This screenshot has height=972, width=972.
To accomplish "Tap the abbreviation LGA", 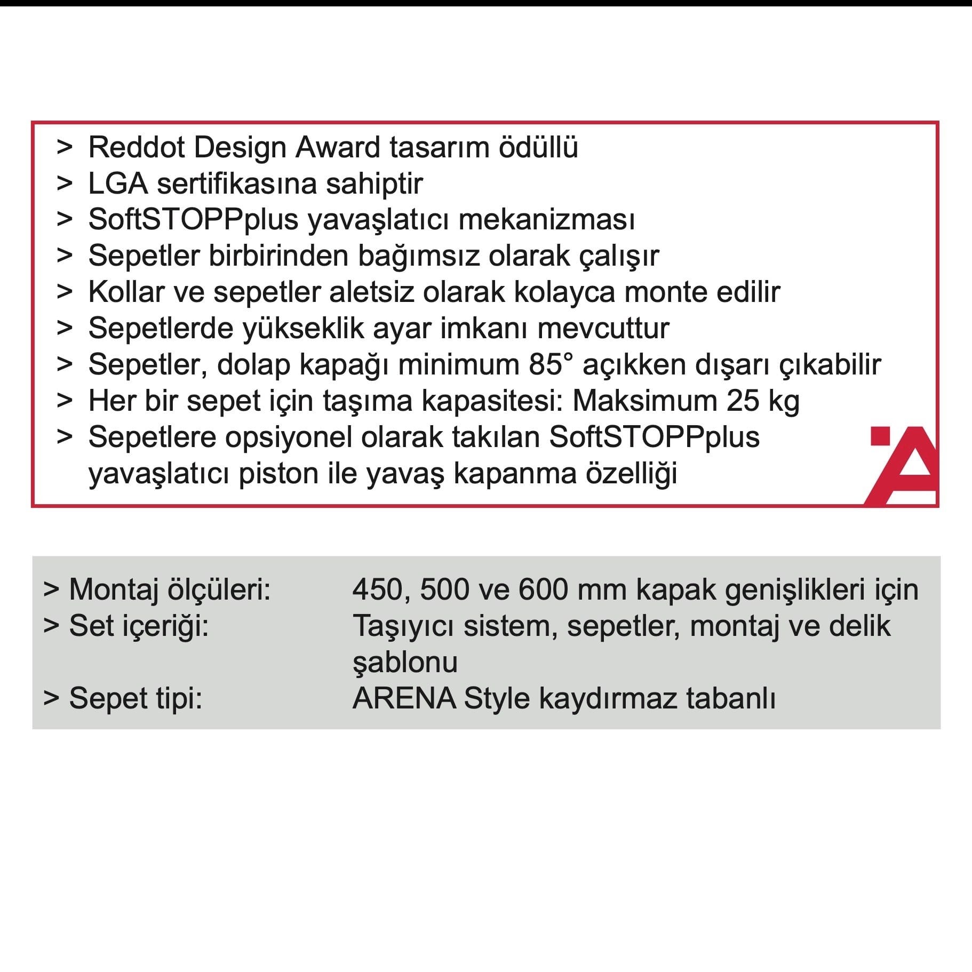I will tap(117, 184).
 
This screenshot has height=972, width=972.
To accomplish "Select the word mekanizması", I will tap(546, 220).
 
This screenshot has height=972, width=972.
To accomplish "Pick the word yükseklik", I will tap(303, 329).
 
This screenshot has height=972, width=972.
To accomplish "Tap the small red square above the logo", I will tap(880, 436).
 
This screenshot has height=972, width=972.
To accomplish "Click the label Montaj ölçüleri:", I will tap(170, 590).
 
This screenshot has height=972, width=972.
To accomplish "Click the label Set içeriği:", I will tap(139, 626).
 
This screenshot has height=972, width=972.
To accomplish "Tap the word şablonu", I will tap(405, 663).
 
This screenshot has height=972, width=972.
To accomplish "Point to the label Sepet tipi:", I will tap(136, 698).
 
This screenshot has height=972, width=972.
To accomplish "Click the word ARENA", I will tap(404, 698).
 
